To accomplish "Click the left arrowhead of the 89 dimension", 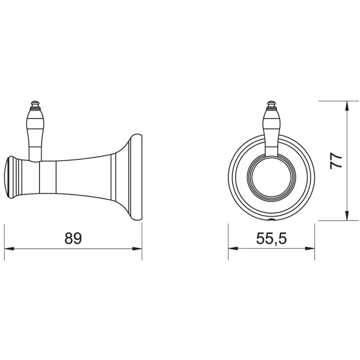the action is pyautogui.click(x=9, y=249).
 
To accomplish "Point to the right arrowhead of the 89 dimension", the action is pyautogui.click(x=137, y=249).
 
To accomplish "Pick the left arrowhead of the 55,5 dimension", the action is pyautogui.click(x=233, y=249).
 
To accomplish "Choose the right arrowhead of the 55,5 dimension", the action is pyautogui.click(x=310, y=249).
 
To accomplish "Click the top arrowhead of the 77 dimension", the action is pyautogui.click(x=347, y=106).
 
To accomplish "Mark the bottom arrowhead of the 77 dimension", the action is pyautogui.click(x=347, y=216).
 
